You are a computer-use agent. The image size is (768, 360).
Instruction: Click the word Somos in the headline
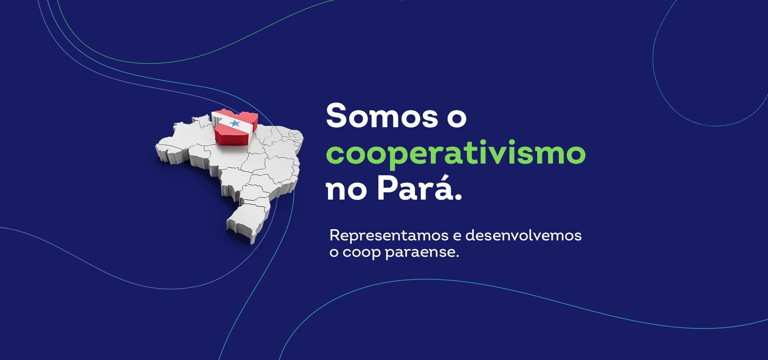click(x=382, y=116)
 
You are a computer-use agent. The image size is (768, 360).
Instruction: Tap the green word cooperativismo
click(x=456, y=153)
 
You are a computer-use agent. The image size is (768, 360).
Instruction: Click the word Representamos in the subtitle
click(x=388, y=235)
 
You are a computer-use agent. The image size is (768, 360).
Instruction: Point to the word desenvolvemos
click(x=523, y=235)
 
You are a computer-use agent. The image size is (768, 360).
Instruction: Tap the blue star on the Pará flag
click(x=235, y=123)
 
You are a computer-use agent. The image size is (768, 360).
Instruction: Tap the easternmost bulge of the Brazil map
click(x=302, y=138)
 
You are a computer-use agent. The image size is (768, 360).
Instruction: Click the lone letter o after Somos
click(x=457, y=118)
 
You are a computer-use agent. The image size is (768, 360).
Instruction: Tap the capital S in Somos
click(x=336, y=116)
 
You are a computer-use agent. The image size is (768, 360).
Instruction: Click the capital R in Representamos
click(x=335, y=235)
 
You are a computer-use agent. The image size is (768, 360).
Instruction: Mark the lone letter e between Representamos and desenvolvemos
click(x=457, y=236)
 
